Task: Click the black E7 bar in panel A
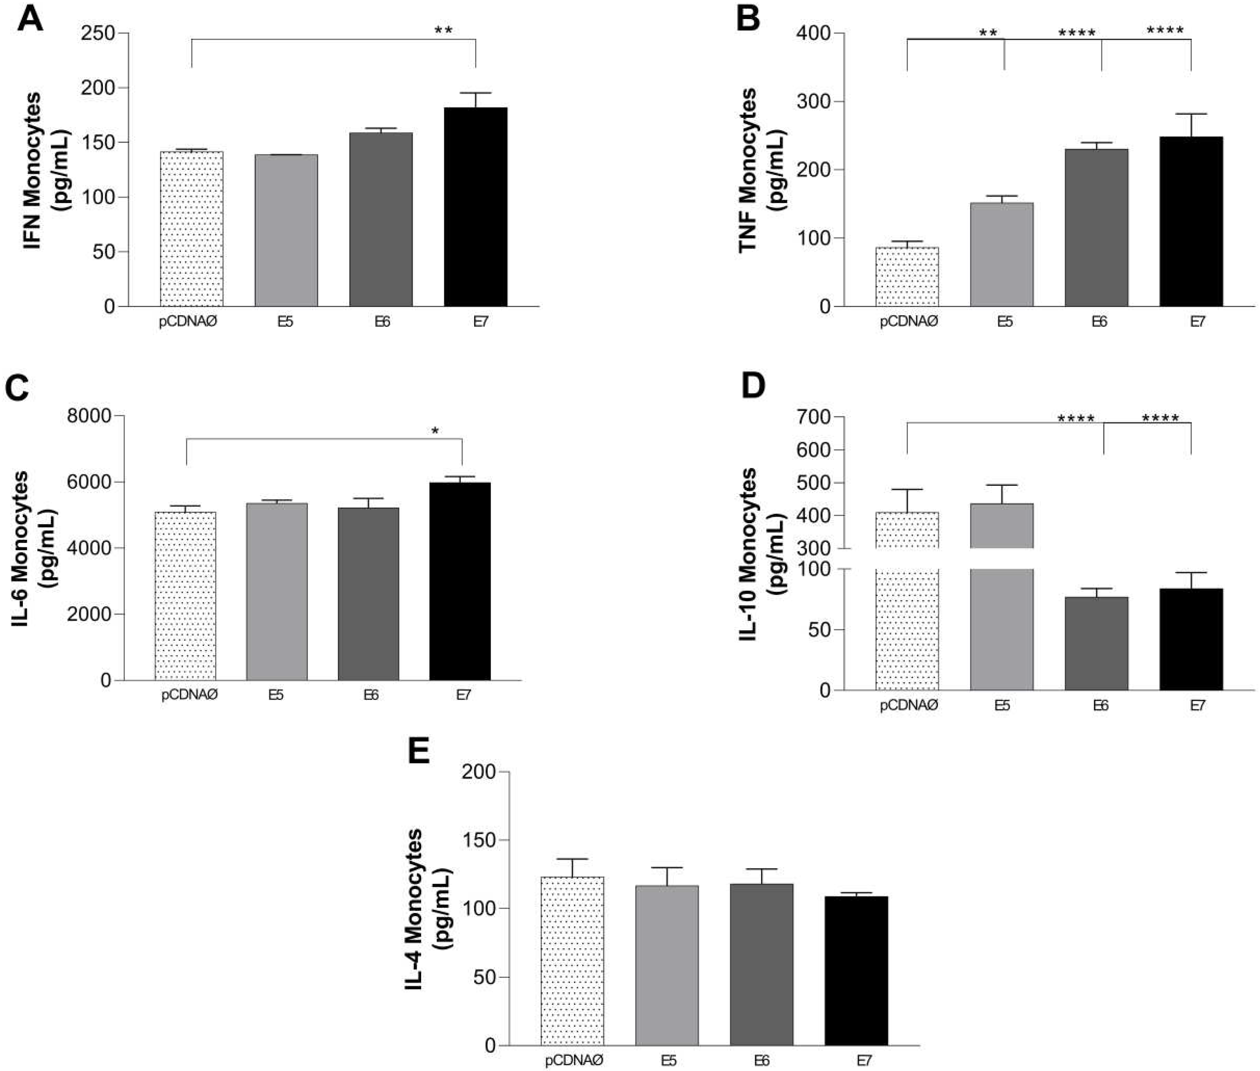click(476, 207)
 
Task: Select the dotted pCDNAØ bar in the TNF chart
click(907, 276)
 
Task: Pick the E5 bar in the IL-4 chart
click(667, 965)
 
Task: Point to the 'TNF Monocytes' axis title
click(747, 170)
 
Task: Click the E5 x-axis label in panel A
click(285, 321)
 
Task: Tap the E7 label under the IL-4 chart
click(864, 1060)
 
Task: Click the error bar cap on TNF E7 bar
click(1191, 114)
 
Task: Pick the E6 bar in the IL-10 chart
click(1096, 644)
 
